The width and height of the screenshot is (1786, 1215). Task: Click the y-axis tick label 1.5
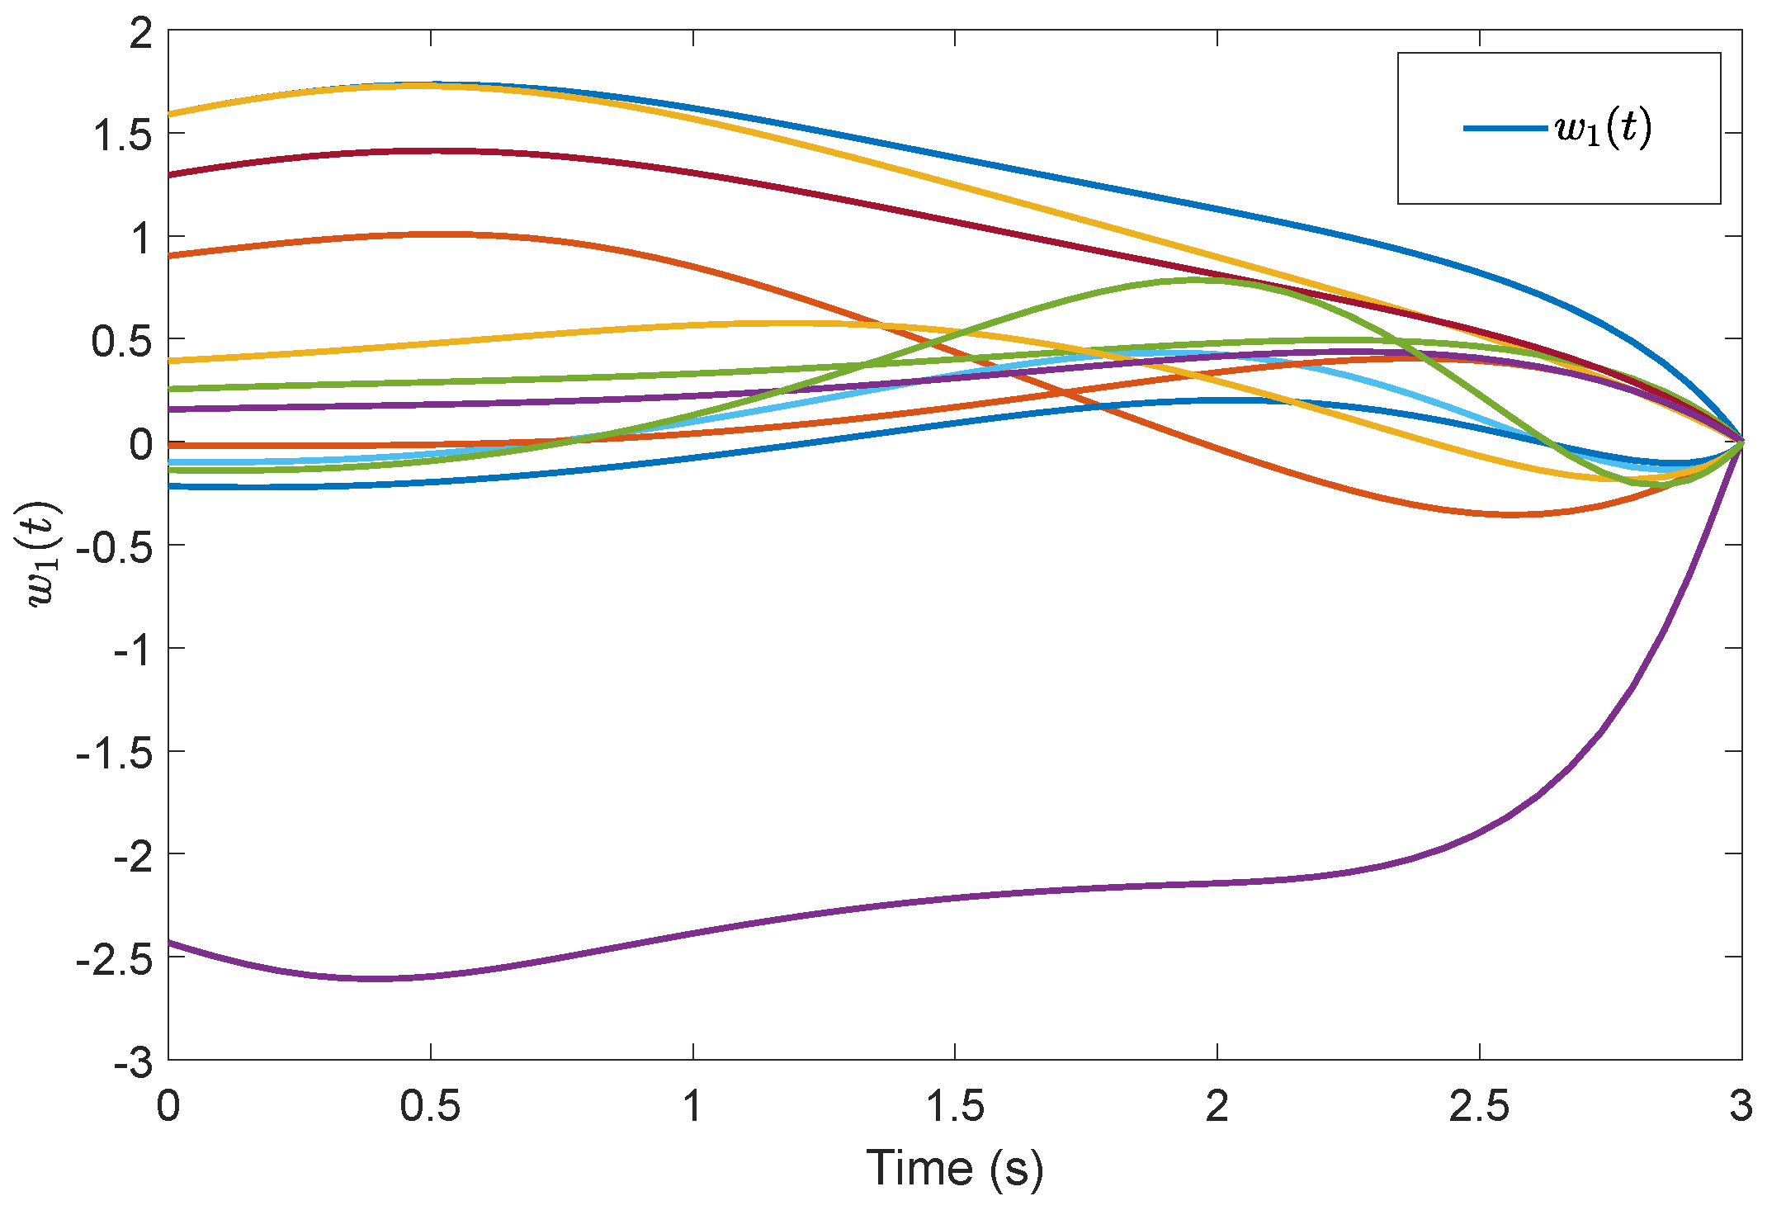tap(122, 135)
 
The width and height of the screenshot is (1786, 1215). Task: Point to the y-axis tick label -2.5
tap(114, 958)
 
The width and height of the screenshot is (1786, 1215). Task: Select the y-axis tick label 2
tap(141, 34)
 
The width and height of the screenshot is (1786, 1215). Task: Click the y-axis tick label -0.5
tap(114, 546)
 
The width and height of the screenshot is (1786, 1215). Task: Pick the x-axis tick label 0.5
tap(430, 1106)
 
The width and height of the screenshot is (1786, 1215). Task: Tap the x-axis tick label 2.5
tap(1479, 1106)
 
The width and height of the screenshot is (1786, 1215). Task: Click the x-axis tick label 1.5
tap(955, 1106)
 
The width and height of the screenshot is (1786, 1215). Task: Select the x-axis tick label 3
tap(1741, 1106)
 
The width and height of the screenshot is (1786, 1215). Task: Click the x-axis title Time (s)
tap(955, 1169)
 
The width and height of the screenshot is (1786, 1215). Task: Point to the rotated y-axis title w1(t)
tap(43, 553)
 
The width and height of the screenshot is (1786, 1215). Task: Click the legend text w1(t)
tap(1604, 128)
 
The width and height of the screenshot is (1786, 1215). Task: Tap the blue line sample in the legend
tap(1504, 128)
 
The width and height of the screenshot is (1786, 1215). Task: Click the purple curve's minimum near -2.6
tap(376, 979)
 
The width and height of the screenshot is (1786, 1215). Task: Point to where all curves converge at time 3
tap(1741, 442)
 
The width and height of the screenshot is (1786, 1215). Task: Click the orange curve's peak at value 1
tap(430, 234)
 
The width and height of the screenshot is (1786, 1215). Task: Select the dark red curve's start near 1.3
tap(170, 175)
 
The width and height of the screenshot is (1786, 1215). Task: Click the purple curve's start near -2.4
tap(170, 943)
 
